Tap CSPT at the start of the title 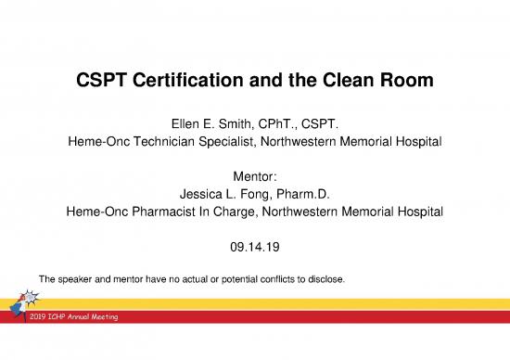[x=100, y=82]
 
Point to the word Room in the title [x=407, y=82]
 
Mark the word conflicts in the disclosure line [x=274, y=277]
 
